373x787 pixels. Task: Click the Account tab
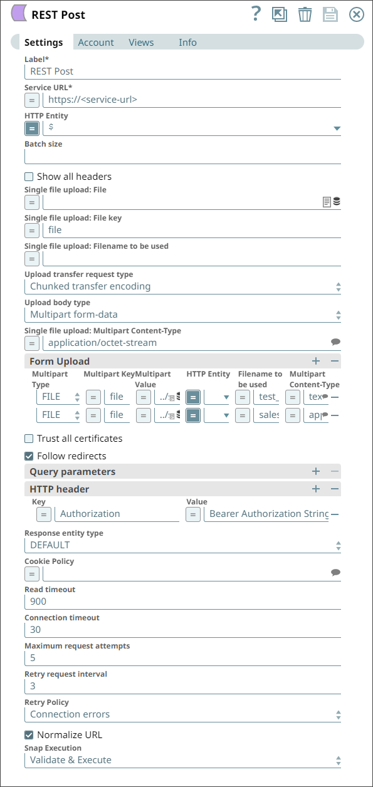[x=95, y=43]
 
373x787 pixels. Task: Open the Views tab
[x=141, y=43]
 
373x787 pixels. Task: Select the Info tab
[x=187, y=43]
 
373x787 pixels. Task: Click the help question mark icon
[x=255, y=14]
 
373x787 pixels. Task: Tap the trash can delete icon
[x=305, y=14]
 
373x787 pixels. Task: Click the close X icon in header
[x=356, y=14]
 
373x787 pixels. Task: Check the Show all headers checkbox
[x=29, y=177]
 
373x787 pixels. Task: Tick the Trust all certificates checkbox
[x=29, y=439]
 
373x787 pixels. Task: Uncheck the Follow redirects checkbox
[x=29, y=456]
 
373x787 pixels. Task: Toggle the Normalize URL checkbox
[x=29, y=735]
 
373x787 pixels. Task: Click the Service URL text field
[x=191, y=99]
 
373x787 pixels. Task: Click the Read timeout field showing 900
[x=182, y=602]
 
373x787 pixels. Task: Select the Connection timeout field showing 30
[x=182, y=630]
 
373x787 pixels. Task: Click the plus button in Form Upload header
[x=316, y=362]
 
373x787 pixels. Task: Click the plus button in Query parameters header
[x=316, y=472]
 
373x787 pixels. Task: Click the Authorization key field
[x=117, y=514]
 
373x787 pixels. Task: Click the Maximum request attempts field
[x=182, y=658]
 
